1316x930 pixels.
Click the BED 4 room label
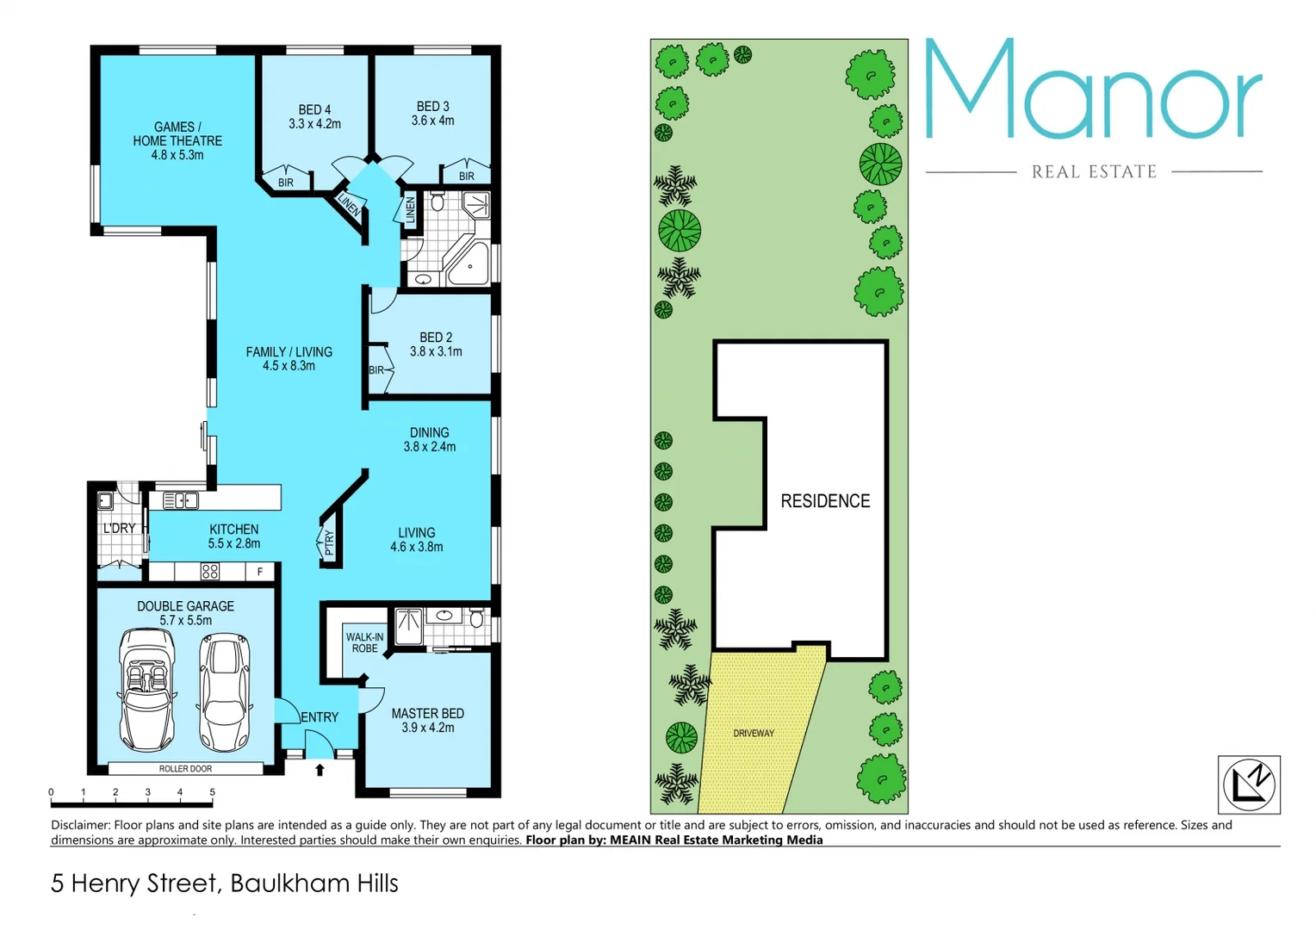[314, 116]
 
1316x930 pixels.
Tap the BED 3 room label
[432, 113]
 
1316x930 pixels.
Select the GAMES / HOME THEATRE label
[177, 140]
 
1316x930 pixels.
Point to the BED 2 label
[436, 344]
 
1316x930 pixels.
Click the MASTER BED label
[427, 720]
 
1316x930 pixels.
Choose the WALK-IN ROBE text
[364, 642]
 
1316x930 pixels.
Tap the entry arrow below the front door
[320, 770]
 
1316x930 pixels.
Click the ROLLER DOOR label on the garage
[185, 769]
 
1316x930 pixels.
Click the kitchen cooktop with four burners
[209, 571]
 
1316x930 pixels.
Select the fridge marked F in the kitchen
[259, 572]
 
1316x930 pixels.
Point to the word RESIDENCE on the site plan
[825, 501]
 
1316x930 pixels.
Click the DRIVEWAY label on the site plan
[754, 734]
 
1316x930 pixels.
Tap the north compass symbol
[1249, 784]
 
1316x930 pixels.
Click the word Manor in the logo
[1093, 90]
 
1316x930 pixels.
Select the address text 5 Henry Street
[134, 883]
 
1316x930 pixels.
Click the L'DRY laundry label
[120, 528]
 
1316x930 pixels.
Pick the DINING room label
[429, 439]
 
